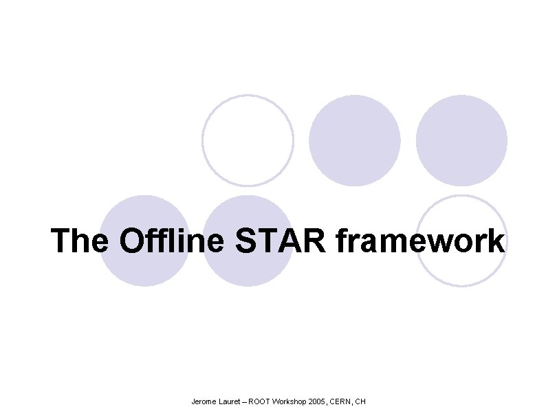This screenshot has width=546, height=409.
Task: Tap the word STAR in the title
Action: (x=286, y=241)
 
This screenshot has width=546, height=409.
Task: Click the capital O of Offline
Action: (x=132, y=242)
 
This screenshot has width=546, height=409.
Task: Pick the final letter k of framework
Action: (x=496, y=241)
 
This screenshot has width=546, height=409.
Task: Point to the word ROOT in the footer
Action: (x=260, y=401)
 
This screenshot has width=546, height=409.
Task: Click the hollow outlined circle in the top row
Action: (x=248, y=140)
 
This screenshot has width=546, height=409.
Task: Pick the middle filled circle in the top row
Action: (x=354, y=140)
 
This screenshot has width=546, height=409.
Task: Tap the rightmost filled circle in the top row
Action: (x=461, y=140)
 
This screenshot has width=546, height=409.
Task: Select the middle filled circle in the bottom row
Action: (x=248, y=241)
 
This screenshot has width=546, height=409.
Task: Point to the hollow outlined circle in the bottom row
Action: (x=461, y=241)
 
